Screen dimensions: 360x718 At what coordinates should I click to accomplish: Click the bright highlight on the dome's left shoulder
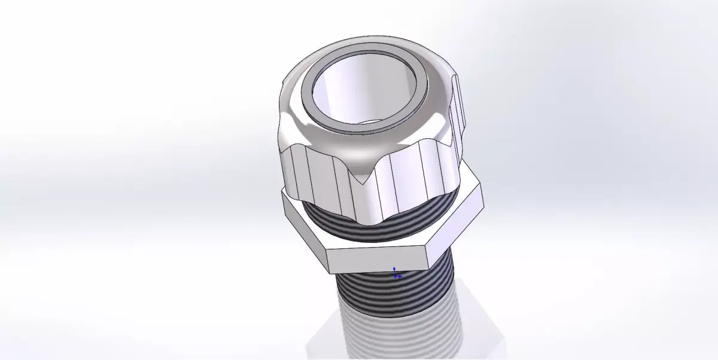pyautogui.click(x=293, y=114)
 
